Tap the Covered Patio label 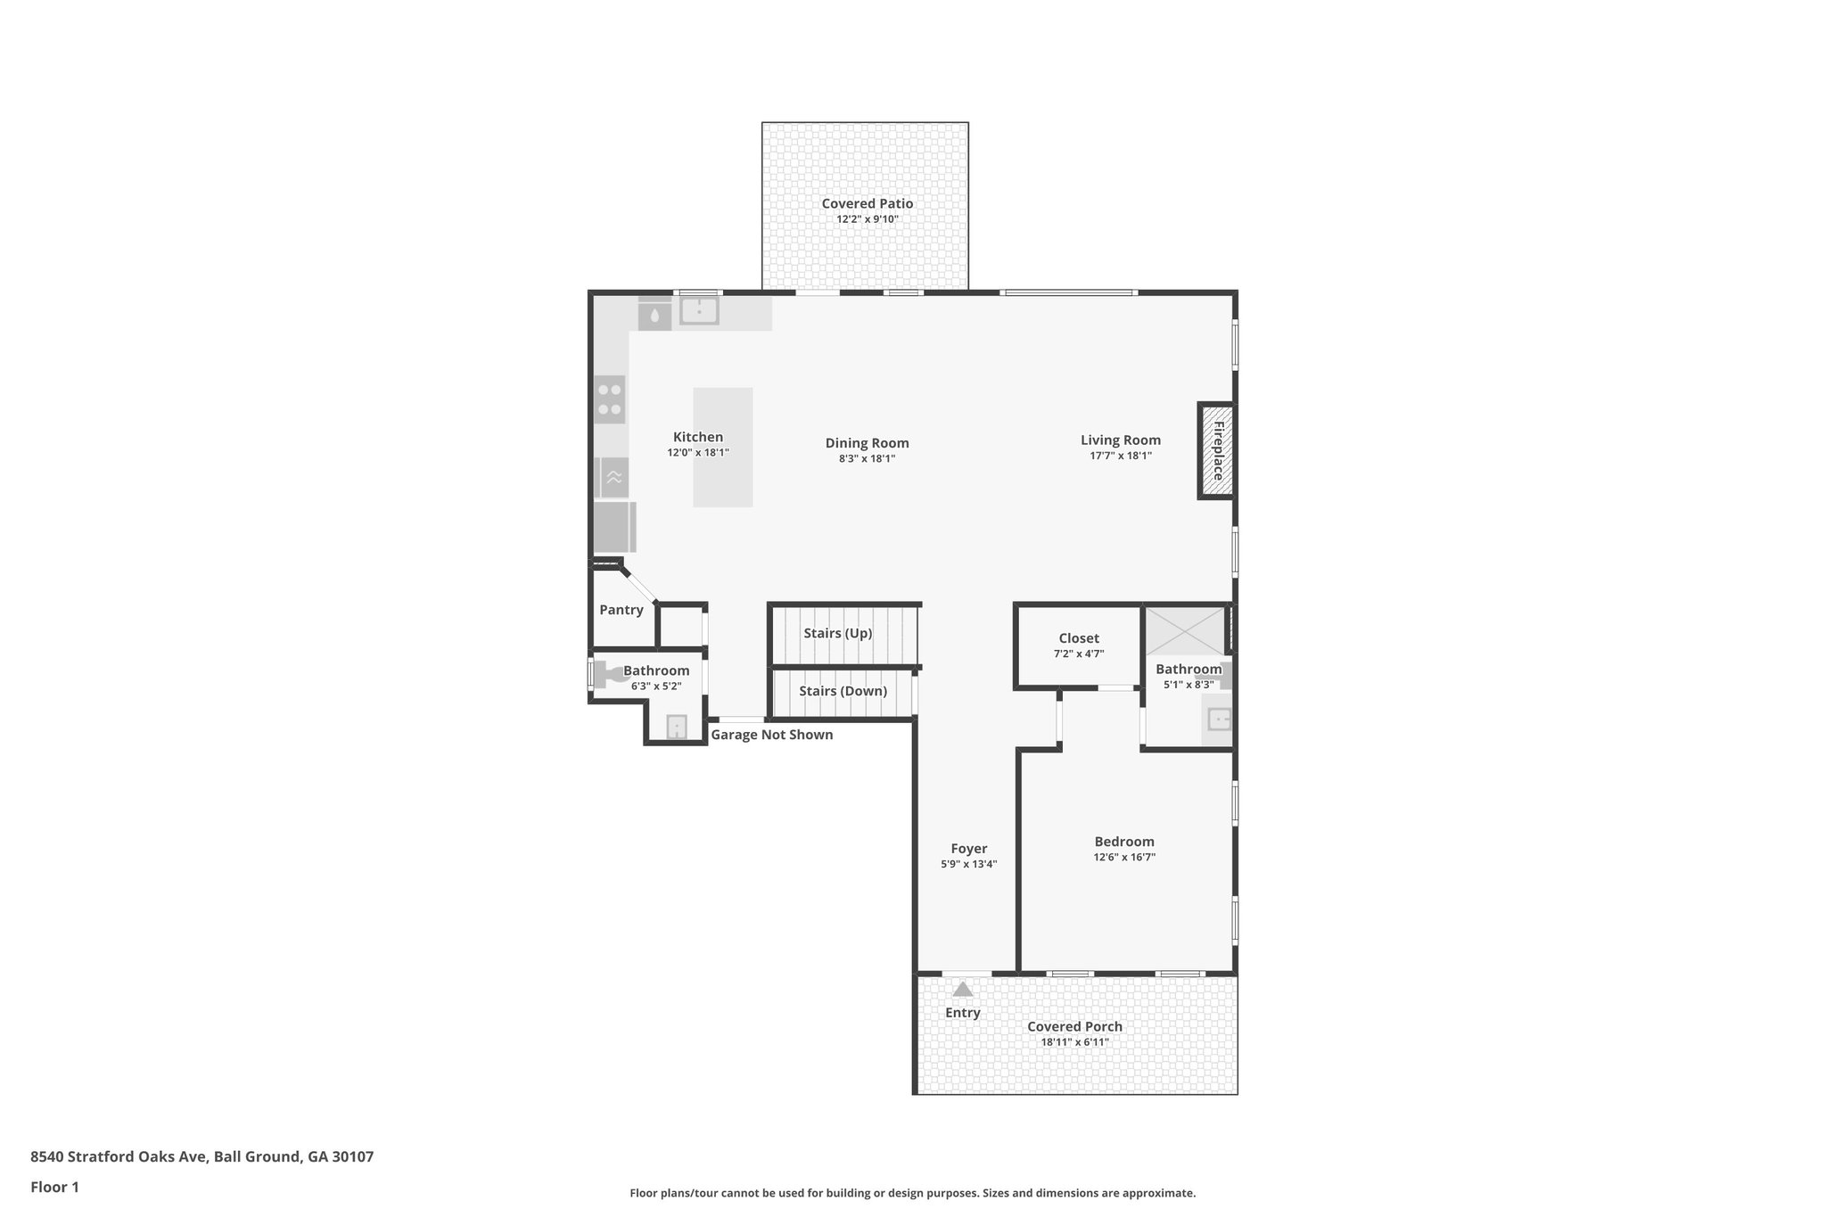pyautogui.click(x=867, y=203)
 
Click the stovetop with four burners pyautogui.click(x=610, y=399)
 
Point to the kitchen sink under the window pyautogui.click(x=700, y=311)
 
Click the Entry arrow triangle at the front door pyautogui.click(x=963, y=989)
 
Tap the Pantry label pyautogui.click(x=621, y=610)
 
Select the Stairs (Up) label pyautogui.click(x=837, y=633)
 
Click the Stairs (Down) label pyautogui.click(x=843, y=691)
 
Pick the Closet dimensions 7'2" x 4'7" pyautogui.click(x=1079, y=654)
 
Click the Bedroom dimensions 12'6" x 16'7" pyautogui.click(x=1124, y=857)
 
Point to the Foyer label pyautogui.click(x=968, y=849)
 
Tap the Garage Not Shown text pyautogui.click(x=771, y=735)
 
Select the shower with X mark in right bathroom pyautogui.click(x=1184, y=630)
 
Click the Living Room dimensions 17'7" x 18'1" pyautogui.click(x=1121, y=456)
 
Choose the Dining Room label pyautogui.click(x=867, y=443)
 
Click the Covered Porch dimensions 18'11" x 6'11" pyautogui.click(x=1074, y=1041)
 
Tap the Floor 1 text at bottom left pyautogui.click(x=55, y=1187)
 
